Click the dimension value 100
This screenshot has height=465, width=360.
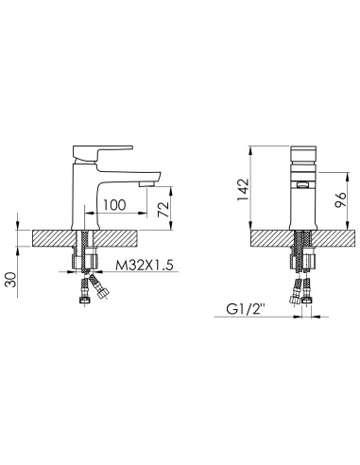point(114,205)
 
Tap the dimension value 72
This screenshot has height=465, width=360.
point(163,209)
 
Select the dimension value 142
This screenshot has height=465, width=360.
point(243,190)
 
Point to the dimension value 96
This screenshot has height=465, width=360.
point(340,199)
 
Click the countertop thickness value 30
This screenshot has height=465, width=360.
point(11,280)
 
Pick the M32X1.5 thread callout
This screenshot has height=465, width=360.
point(145,266)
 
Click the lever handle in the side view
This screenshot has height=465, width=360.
point(102,153)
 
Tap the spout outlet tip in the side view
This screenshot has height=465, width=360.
point(148,183)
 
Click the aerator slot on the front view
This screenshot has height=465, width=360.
point(302,185)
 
